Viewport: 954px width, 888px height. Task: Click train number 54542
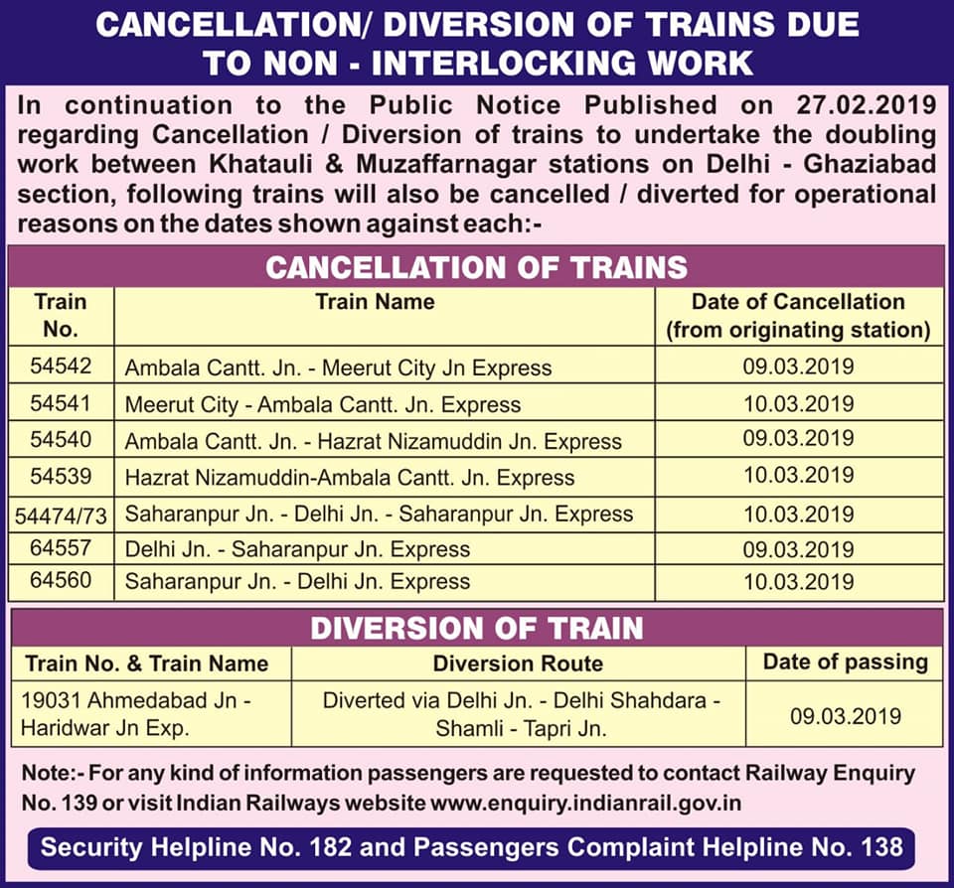click(61, 366)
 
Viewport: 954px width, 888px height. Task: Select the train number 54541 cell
click(61, 403)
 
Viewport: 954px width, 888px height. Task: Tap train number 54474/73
click(61, 516)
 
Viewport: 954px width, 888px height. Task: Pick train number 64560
click(61, 580)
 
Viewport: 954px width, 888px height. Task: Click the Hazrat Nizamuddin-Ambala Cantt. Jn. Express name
click(349, 478)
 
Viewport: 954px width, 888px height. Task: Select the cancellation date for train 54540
click(798, 438)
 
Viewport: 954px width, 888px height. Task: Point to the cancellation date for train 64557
click(798, 549)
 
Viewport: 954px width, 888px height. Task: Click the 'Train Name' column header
click(376, 302)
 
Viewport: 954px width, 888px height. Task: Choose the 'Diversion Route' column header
click(518, 663)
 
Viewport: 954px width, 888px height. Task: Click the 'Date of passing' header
click(845, 662)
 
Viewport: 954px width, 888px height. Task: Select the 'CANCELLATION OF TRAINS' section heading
click(476, 267)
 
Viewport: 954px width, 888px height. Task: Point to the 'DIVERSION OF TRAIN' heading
click(476, 629)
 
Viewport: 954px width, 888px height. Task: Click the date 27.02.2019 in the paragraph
click(867, 105)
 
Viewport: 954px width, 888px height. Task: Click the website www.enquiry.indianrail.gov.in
click(585, 803)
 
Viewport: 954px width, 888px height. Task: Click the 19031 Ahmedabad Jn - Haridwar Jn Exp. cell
click(136, 713)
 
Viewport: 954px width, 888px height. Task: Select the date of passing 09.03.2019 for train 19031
click(845, 716)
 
